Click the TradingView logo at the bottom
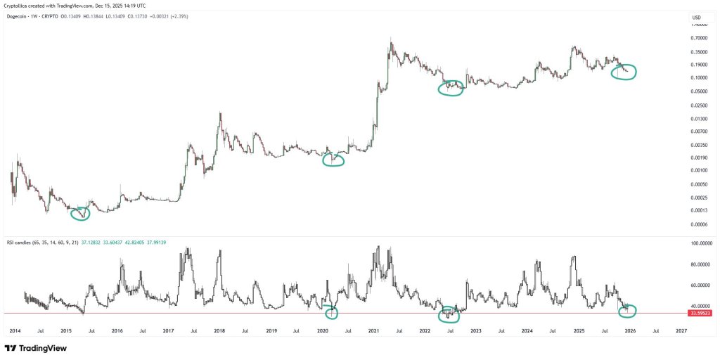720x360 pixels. click(x=34, y=348)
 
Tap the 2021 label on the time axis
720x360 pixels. click(x=373, y=330)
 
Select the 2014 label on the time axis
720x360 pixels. click(x=15, y=330)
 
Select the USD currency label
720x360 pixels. click(x=697, y=18)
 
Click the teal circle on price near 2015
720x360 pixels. click(x=81, y=213)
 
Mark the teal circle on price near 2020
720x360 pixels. click(x=333, y=160)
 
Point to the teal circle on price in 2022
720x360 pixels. click(x=451, y=89)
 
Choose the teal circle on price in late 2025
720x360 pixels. click(x=624, y=71)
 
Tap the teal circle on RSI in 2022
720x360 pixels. click(x=449, y=312)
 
